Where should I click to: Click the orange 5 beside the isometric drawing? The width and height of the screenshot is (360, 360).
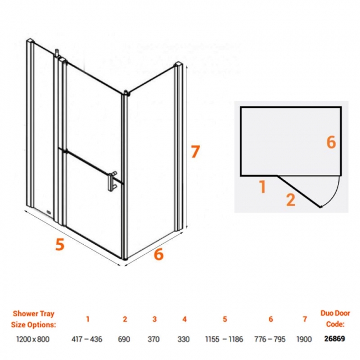[60, 244]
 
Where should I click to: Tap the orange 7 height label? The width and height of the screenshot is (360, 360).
[194, 152]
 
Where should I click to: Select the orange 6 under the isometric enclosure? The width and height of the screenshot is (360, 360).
[159, 254]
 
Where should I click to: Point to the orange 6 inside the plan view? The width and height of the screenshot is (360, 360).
[331, 142]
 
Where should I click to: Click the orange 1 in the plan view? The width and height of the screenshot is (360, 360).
[263, 187]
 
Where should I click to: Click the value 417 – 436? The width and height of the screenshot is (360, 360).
[88, 339]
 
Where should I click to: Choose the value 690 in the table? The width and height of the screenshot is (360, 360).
[125, 339]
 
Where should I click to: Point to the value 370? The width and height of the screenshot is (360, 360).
[155, 339]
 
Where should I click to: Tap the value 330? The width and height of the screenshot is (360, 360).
[184, 339]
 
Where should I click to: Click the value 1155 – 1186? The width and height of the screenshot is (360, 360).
[225, 339]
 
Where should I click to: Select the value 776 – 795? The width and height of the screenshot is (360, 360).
[271, 339]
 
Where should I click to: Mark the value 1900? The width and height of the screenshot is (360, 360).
[305, 339]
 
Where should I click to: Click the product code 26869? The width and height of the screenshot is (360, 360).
[335, 339]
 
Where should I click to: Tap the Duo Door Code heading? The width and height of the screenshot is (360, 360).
[335, 319]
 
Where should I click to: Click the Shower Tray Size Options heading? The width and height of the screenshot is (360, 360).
[34, 319]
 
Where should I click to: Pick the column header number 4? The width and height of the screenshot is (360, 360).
[184, 319]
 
